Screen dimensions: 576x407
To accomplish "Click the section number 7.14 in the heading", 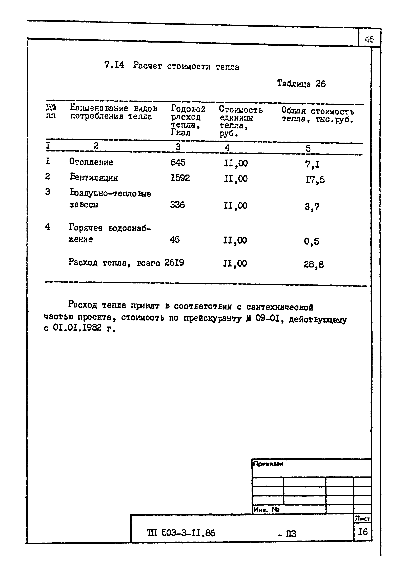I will click(114, 65).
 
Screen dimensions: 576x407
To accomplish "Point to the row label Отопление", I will click(91, 162).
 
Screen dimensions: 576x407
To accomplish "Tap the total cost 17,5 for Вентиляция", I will click(315, 180).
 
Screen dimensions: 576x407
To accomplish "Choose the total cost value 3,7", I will click(312, 207).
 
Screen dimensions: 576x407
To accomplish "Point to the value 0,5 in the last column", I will click(311, 241).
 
